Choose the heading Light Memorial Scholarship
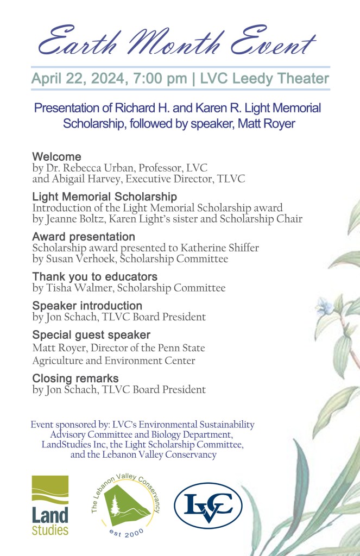(104, 197)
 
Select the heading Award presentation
(84, 237)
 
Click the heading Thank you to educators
(94, 277)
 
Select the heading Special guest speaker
(91, 335)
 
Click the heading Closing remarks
(75, 378)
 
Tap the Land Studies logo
(50, 506)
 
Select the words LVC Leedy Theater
(264, 79)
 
